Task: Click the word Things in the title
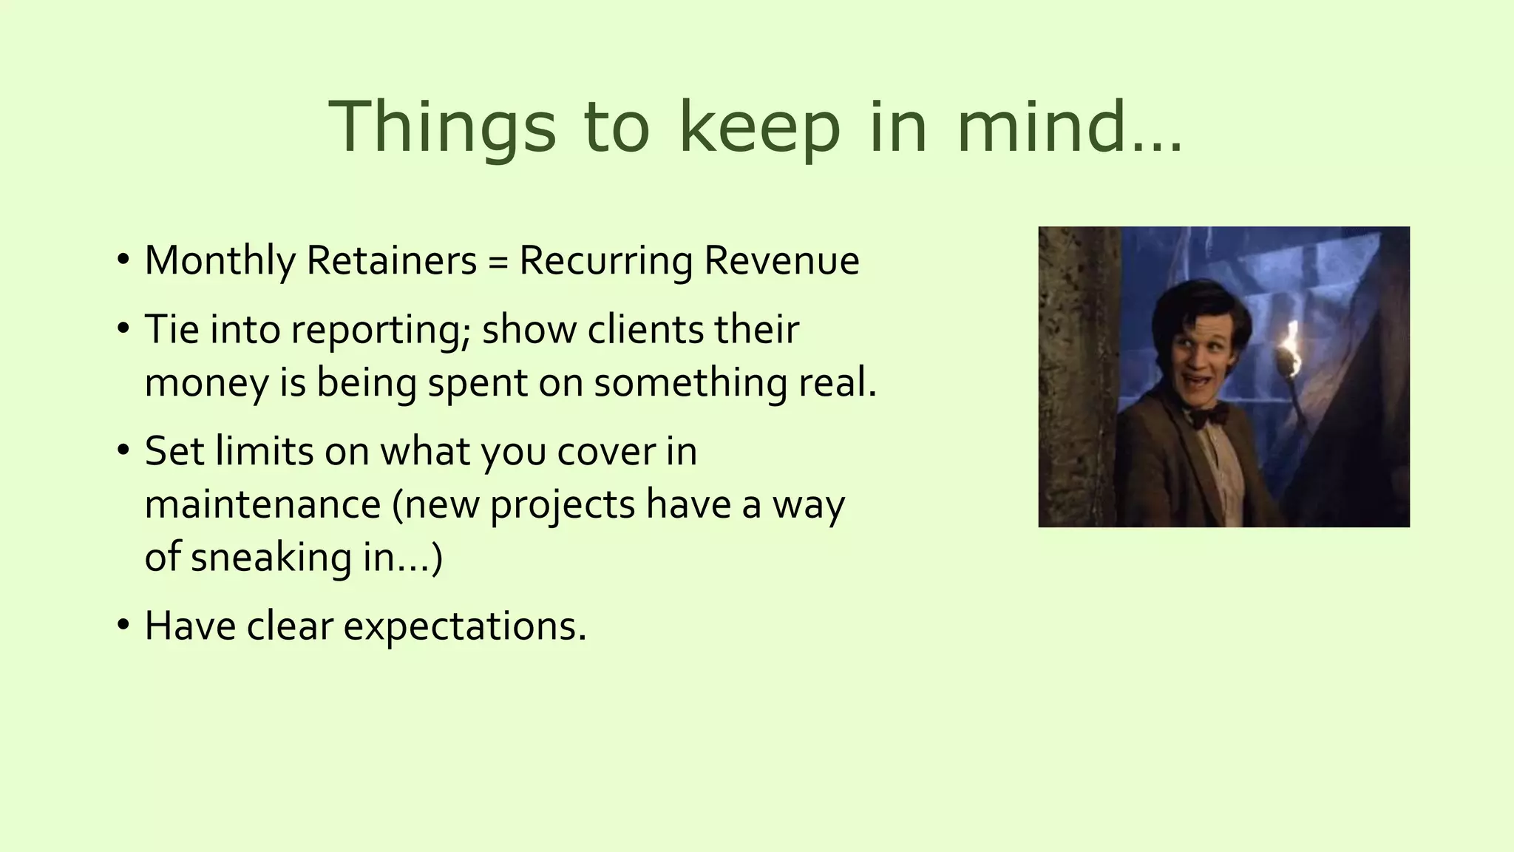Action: [441, 127]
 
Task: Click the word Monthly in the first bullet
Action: [220, 261]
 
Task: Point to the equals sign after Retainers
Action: [498, 262]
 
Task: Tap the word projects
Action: [563, 506]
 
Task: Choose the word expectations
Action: [464, 626]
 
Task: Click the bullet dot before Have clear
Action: [123, 624]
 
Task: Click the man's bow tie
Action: [1208, 415]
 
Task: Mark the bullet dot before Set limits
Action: [123, 450]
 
